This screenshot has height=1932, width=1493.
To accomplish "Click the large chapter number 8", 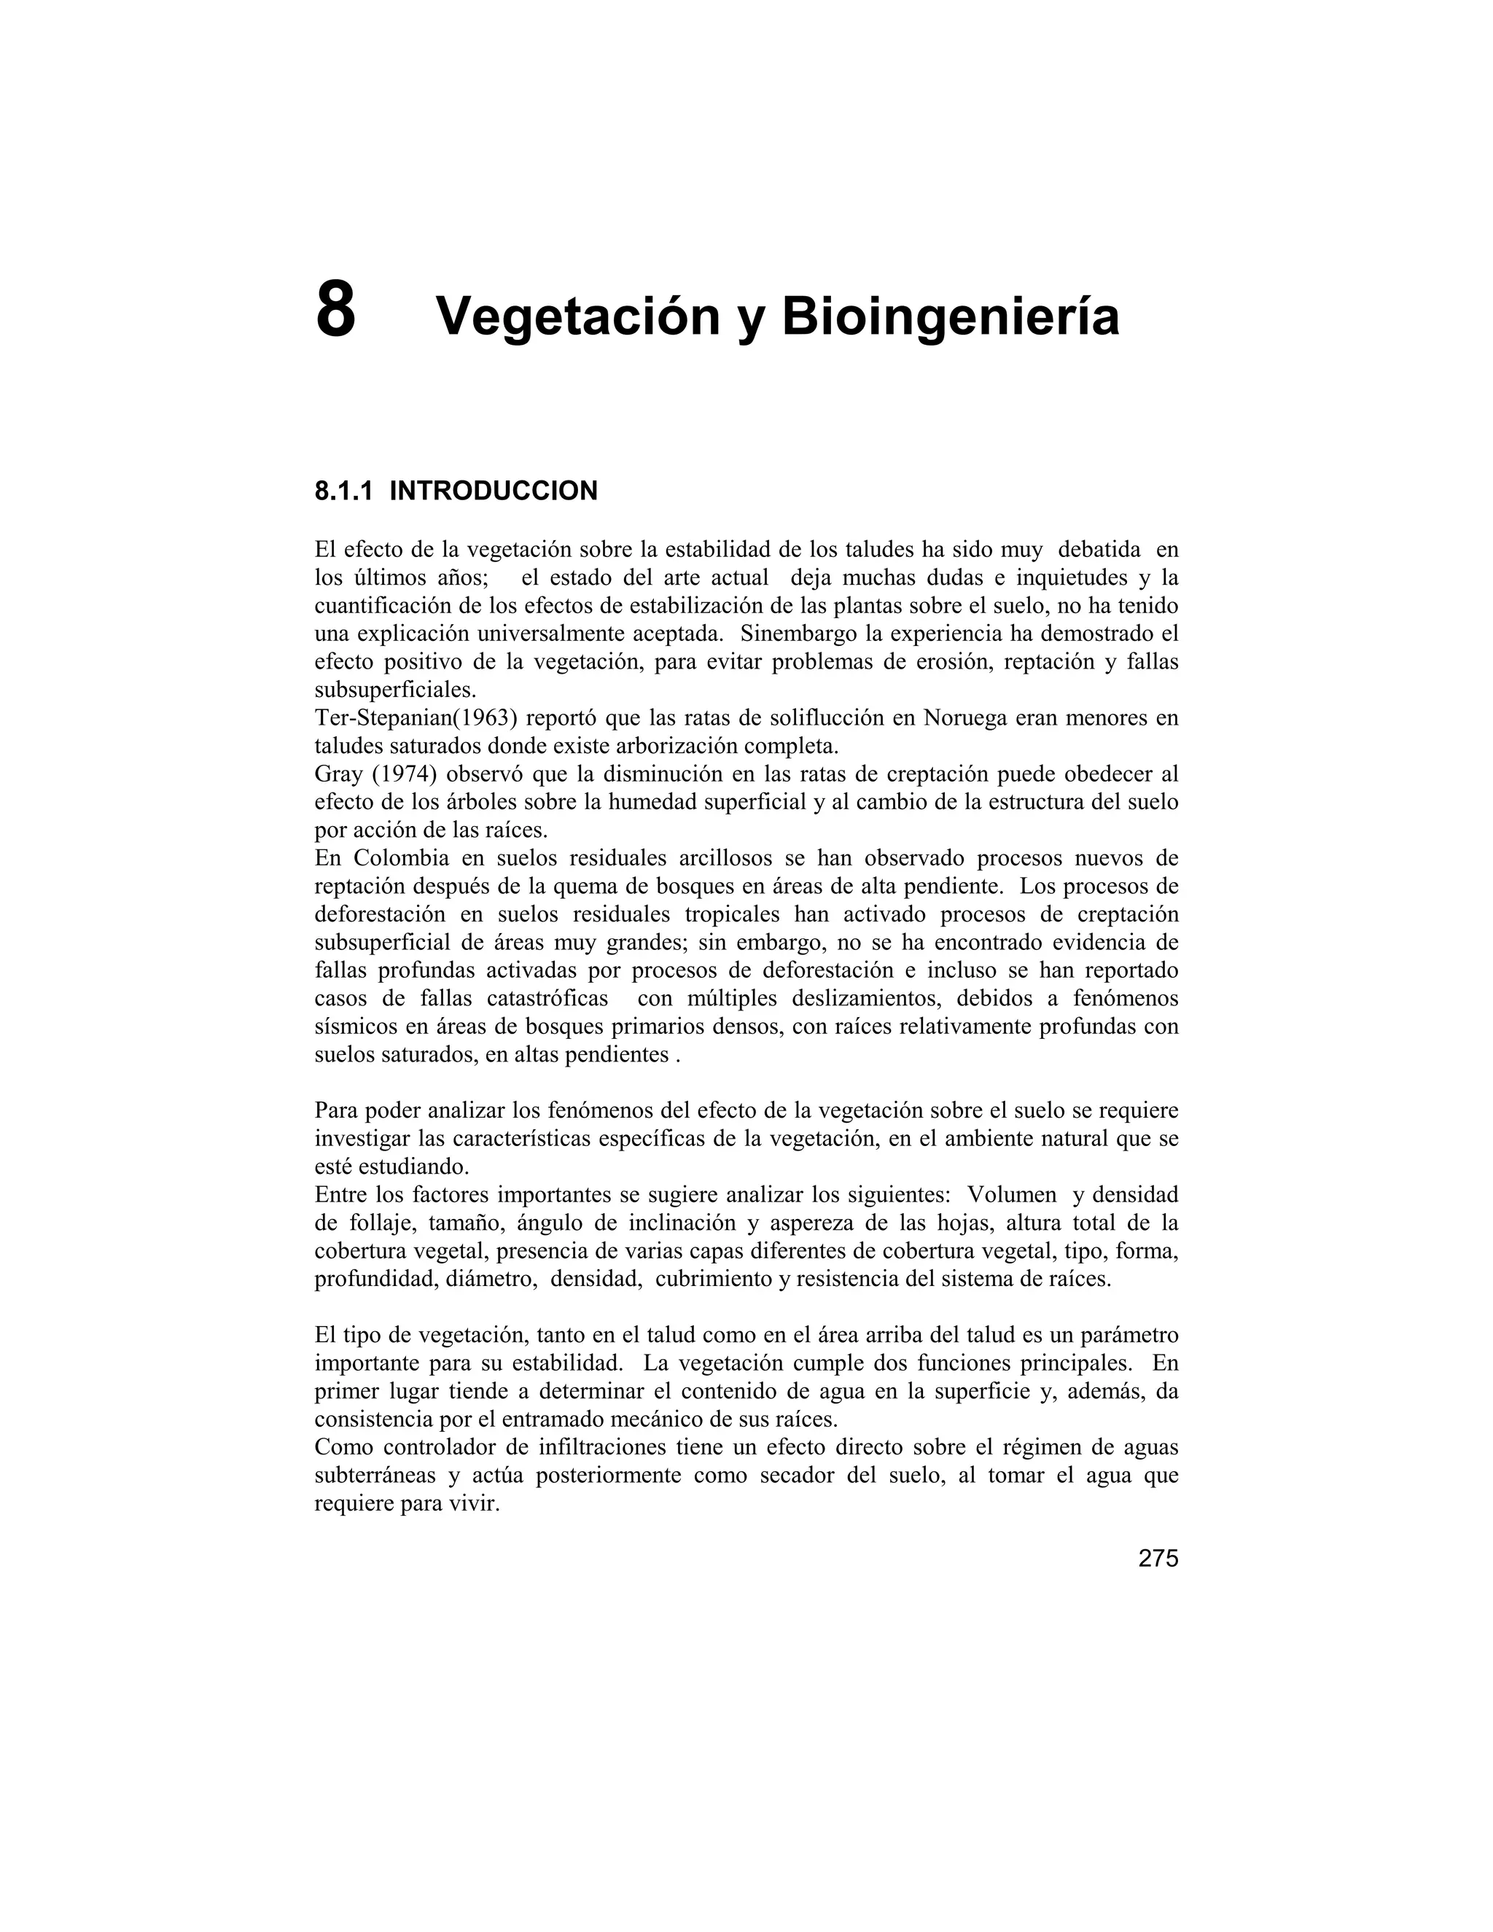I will click(x=336, y=310).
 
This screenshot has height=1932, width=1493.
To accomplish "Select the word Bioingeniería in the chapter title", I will click(x=950, y=316).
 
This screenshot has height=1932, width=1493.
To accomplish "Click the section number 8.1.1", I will click(x=344, y=491).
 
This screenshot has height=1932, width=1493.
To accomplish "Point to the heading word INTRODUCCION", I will click(x=494, y=491).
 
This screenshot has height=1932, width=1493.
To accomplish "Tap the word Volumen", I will click(x=1012, y=1195).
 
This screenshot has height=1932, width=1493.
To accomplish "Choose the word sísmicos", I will click(x=352, y=1027).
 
